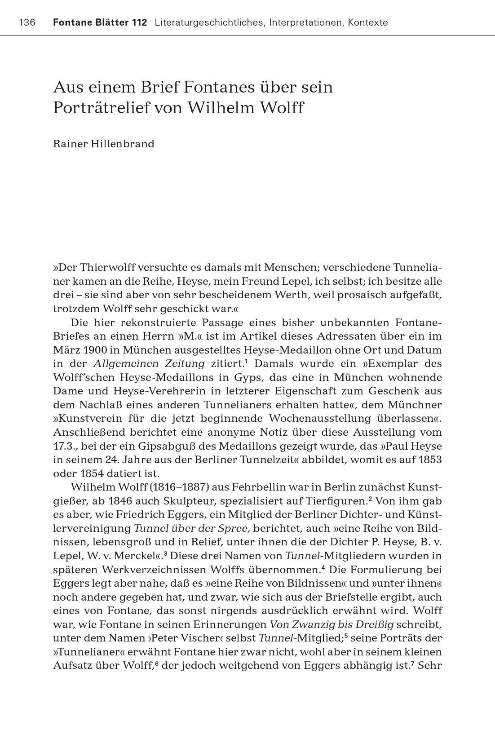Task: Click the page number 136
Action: pyautogui.click(x=27, y=22)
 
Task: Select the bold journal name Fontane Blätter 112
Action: pyautogui.click(x=100, y=22)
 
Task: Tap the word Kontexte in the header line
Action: pyautogui.click(x=367, y=22)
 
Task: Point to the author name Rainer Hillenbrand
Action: pyautogui.click(x=103, y=144)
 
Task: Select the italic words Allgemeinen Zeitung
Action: pyautogui.click(x=149, y=363)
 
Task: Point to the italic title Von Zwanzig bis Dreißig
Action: pyautogui.click(x=331, y=624)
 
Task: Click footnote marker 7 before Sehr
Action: pyautogui.click(x=412, y=663)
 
